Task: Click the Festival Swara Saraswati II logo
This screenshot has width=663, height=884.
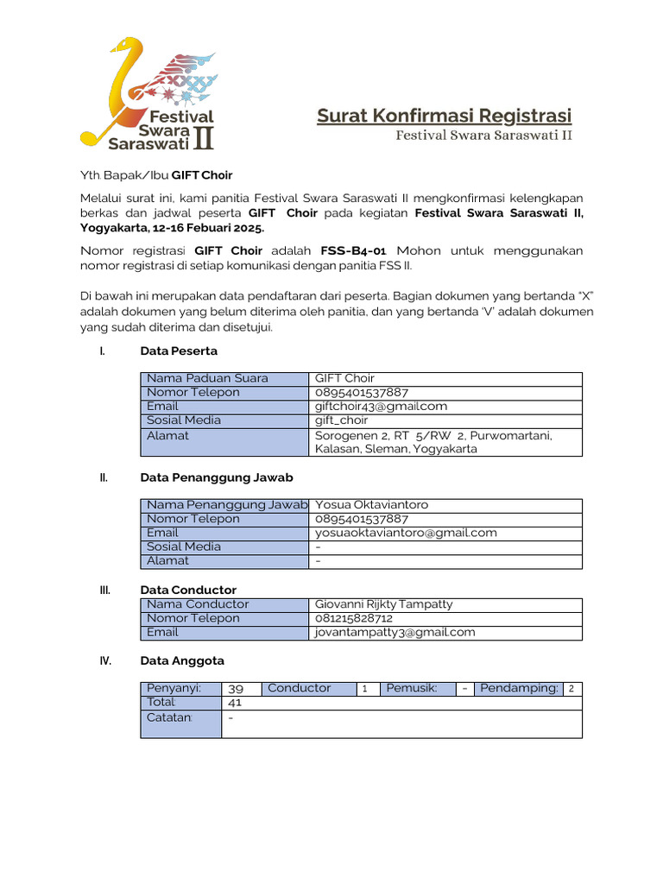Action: pos(148,92)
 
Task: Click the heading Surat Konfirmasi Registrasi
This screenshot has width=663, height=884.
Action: pos(444,116)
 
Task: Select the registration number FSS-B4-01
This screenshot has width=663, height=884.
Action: pos(354,250)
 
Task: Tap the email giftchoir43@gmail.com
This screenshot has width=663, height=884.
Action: pos(381,406)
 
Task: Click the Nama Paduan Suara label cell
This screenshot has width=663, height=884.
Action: pos(207,378)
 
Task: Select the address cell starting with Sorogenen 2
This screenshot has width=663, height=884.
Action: pos(433,442)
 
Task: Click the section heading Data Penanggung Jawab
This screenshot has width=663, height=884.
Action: pos(216,477)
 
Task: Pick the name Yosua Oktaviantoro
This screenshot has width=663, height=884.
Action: pos(371,505)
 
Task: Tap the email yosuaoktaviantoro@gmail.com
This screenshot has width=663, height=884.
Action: pos(406,533)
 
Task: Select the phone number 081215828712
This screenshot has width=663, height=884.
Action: pos(354,618)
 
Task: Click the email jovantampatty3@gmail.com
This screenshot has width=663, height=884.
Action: pos(395,632)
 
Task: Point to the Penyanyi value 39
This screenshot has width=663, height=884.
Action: pos(236,689)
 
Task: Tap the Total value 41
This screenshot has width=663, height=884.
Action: pos(235,703)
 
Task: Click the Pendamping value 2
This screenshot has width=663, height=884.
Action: pos(571,689)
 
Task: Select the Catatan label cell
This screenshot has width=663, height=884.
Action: pos(170,717)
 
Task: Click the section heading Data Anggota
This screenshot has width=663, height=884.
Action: pos(181,660)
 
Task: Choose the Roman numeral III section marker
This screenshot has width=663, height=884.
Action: pos(105,590)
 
